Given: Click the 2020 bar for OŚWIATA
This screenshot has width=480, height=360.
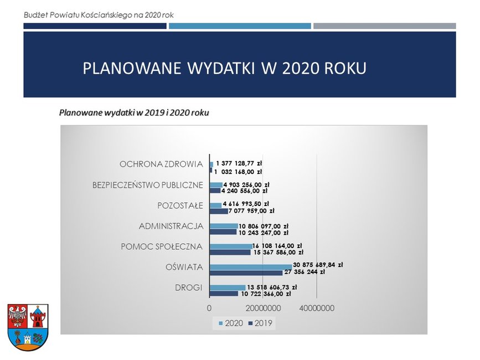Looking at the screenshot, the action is point(251,267).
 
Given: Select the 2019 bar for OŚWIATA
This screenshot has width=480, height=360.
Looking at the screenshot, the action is point(246,272).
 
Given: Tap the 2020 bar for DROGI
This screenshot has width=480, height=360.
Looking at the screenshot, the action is point(228,288).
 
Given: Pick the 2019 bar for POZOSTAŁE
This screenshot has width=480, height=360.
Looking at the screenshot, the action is point(219,211).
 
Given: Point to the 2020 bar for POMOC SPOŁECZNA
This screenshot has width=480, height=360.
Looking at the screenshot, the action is point(231,246).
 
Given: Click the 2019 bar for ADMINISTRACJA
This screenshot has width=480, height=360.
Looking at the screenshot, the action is point(223,232).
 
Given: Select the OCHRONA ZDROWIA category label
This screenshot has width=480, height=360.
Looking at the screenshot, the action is point(161,164).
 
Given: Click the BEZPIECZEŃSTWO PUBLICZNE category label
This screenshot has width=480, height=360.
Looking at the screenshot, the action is point(148,185).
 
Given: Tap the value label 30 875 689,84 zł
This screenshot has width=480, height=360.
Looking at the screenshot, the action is point(318,265).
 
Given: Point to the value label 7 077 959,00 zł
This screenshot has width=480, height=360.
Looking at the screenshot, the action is point(251,211).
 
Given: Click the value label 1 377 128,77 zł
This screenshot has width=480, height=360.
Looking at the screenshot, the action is point(239,164).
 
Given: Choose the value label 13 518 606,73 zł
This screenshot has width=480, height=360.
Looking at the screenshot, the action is point(272,287).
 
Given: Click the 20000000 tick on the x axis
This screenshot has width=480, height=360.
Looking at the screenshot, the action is point(264,308).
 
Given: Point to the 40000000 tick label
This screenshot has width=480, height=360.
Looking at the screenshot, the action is point(317,308).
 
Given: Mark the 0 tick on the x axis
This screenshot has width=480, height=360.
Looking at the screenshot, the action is point(209,308).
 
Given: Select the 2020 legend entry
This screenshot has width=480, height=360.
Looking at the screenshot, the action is point(231,323).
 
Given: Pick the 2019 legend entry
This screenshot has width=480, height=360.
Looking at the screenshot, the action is point(260,323).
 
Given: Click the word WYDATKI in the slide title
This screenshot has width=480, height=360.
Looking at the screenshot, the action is point(221,68).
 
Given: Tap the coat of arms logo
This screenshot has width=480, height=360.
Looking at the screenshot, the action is point(28,327).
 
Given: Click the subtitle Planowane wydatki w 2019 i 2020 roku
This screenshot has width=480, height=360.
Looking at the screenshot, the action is point(134,113).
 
